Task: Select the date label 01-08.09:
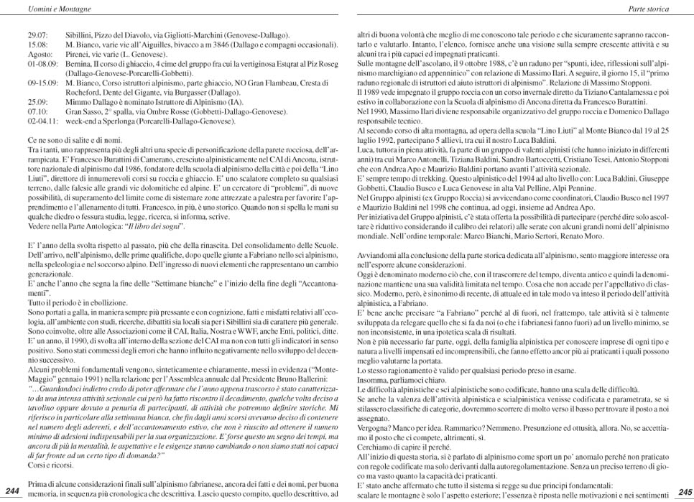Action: (43, 64)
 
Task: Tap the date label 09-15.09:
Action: (43, 83)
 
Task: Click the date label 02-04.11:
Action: (43, 123)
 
